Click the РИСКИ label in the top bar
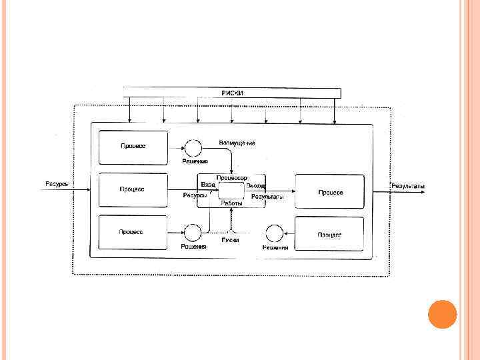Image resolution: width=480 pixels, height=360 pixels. (233, 93)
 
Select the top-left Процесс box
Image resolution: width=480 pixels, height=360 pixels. (133, 147)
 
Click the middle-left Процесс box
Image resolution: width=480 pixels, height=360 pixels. (133, 190)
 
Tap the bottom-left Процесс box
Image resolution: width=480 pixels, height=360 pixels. (133, 233)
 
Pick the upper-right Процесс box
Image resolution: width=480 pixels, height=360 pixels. (330, 192)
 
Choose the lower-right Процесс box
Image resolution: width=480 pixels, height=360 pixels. (330, 234)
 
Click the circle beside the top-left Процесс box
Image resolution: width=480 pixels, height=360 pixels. (193, 147)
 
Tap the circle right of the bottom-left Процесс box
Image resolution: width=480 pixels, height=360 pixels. (193, 233)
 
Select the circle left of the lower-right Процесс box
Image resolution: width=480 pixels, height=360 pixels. (273, 233)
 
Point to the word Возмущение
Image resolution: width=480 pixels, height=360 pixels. (237, 143)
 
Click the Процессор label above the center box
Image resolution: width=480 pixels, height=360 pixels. (231, 178)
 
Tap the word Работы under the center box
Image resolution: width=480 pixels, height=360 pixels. (232, 203)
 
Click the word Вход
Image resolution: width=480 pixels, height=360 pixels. (208, 185)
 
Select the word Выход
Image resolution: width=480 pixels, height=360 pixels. (255, 185)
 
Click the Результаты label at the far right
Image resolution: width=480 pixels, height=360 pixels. (408, 186)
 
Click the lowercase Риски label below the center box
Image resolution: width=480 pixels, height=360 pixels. (231, 239)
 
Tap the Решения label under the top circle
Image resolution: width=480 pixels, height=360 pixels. (195, 161)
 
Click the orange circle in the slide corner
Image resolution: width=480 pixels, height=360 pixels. (441, 313)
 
